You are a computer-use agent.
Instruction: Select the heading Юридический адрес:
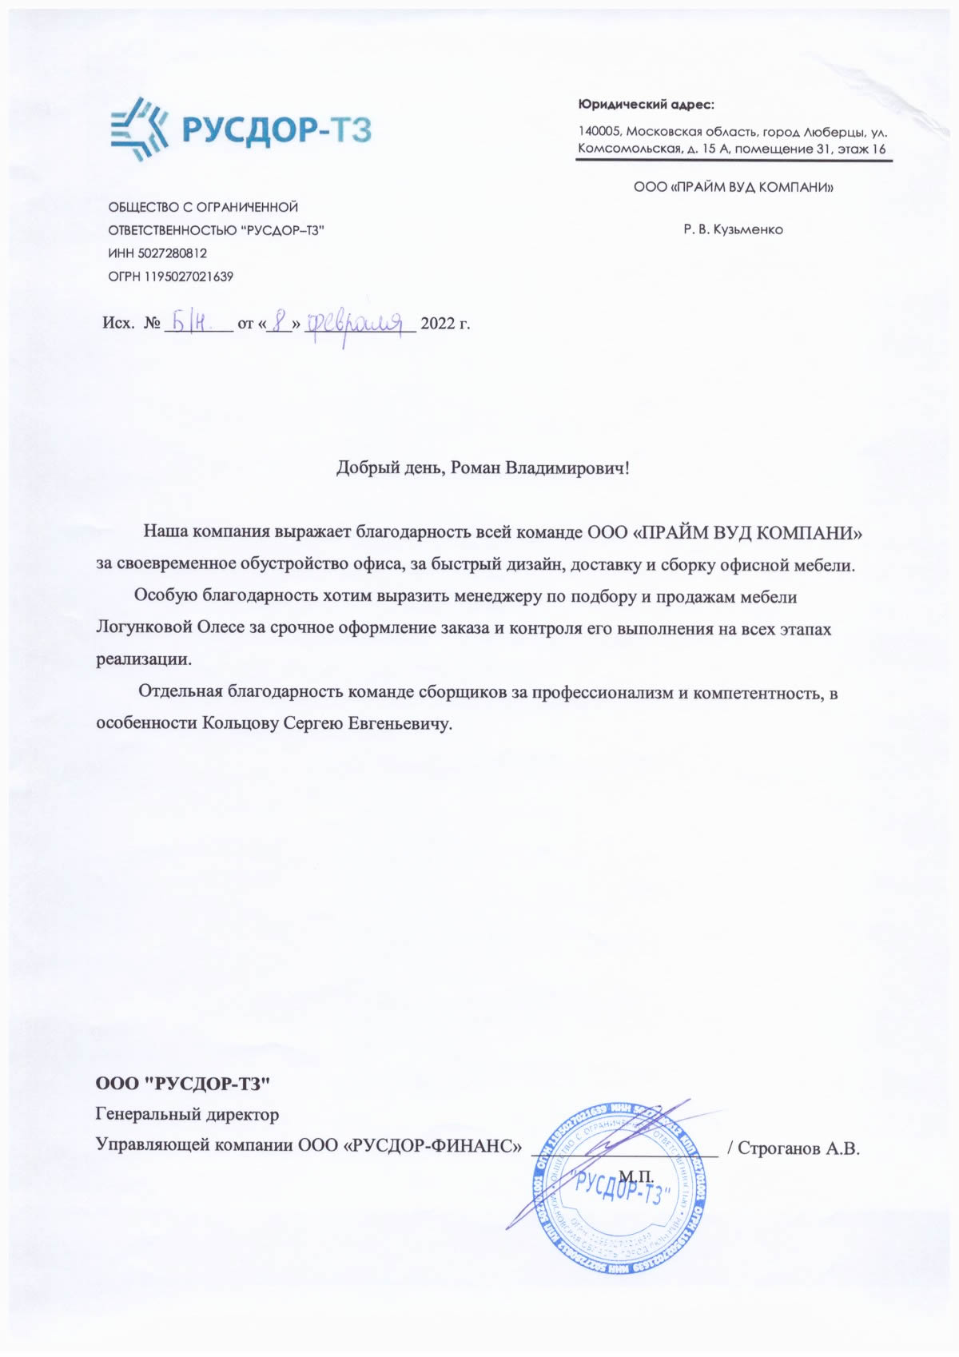coord(646,105)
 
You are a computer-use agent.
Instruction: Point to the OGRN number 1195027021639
coord(189,277)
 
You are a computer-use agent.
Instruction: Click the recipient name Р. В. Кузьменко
coord(733,230)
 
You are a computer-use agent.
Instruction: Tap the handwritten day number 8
coord(280,322)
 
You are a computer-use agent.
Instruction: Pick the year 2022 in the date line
coord(437,324)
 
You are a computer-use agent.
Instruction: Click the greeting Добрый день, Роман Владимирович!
coord(483,468)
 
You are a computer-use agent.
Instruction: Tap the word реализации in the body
coord(144,660)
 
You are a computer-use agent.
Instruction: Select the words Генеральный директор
coord(188,1113)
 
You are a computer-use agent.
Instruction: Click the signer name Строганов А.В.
coord(798,1148)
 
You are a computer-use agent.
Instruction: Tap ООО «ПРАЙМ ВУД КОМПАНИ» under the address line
coord(733,188)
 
